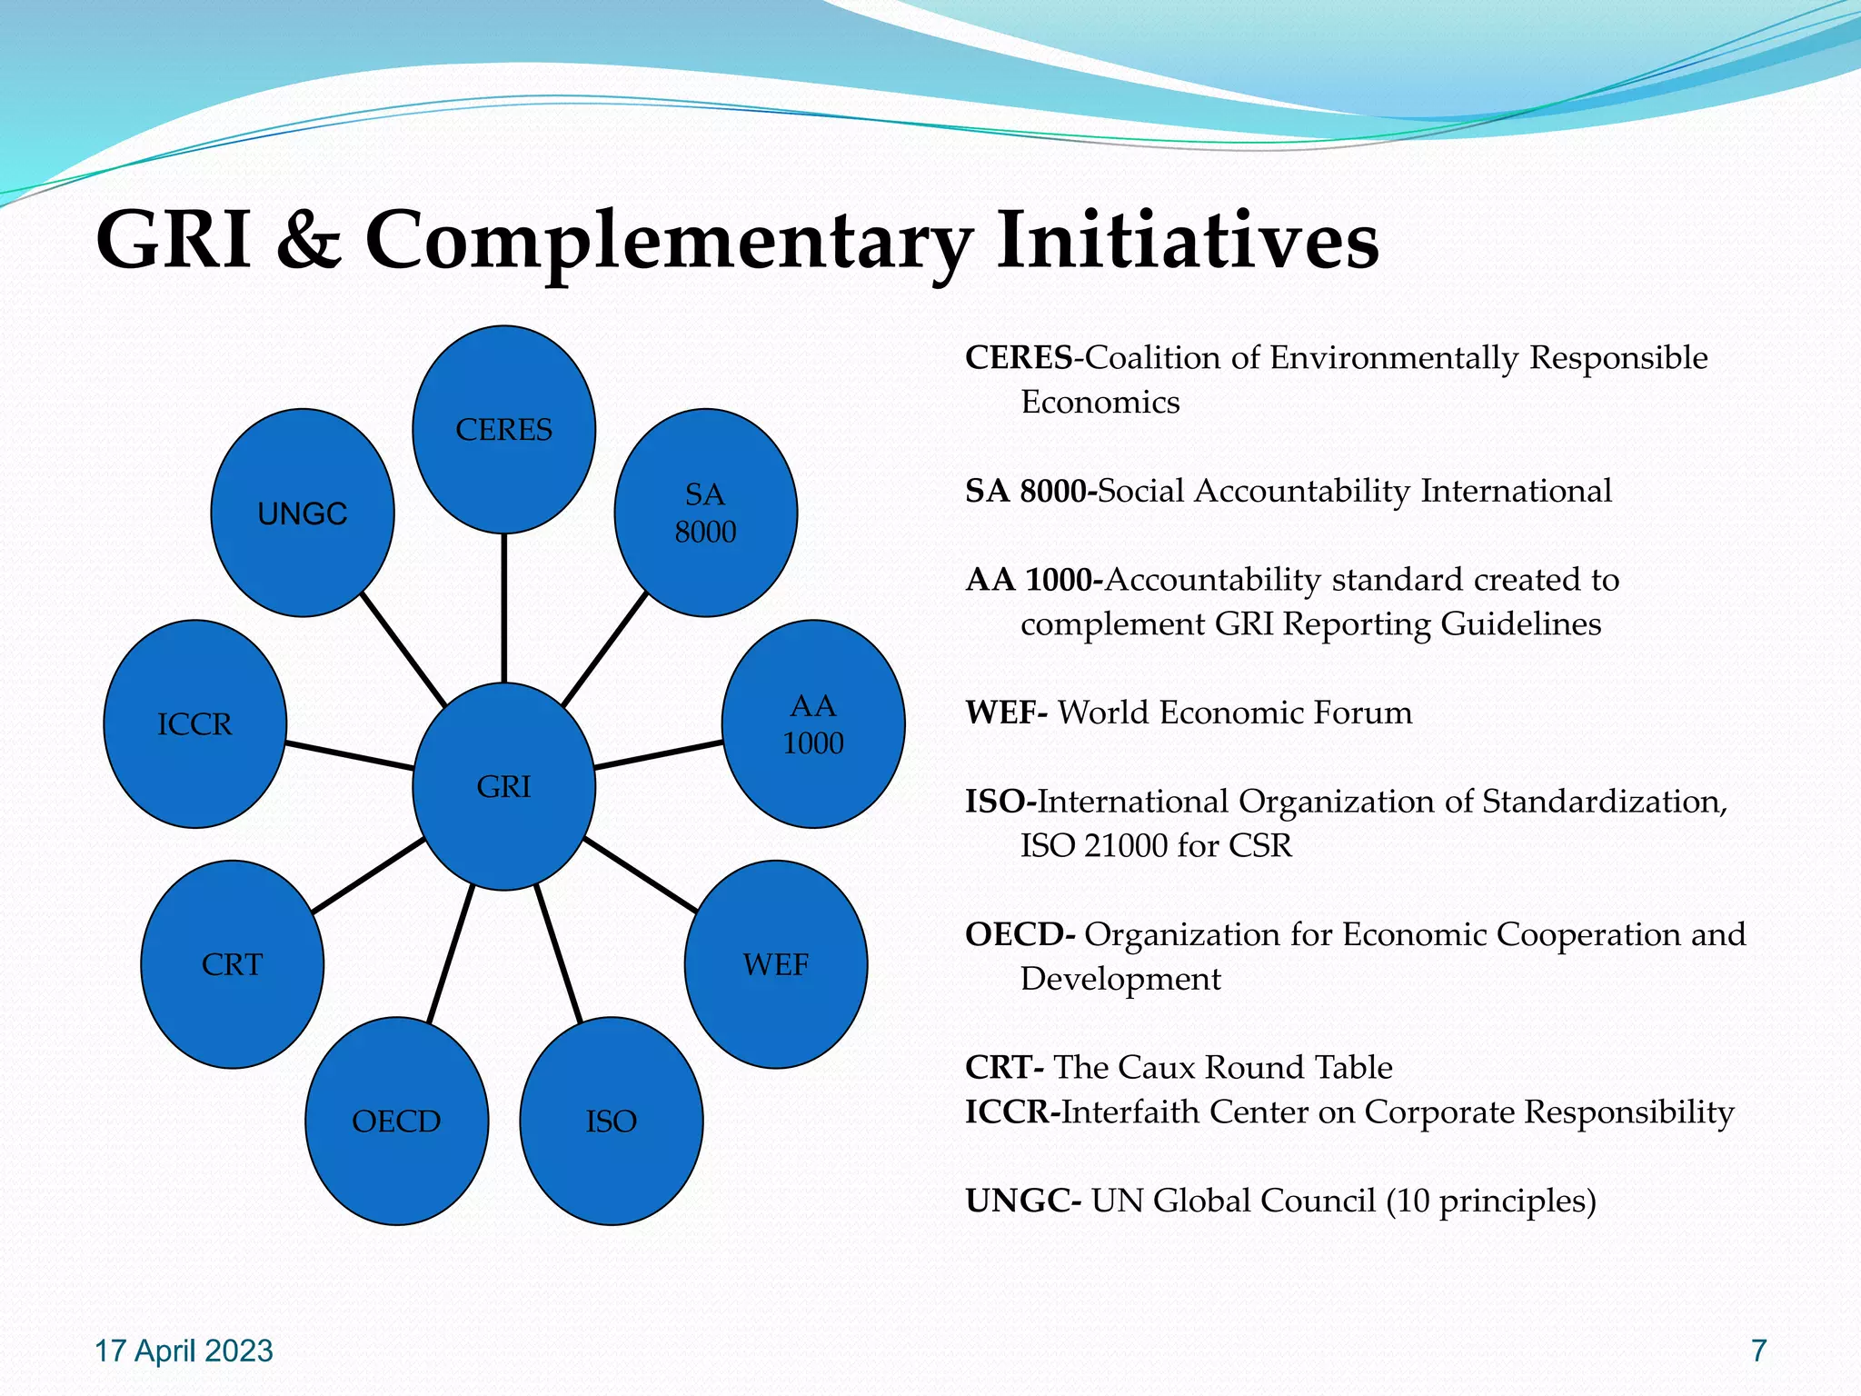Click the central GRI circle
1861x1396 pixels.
coord(503,786)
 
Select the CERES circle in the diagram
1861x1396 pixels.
coord(503,429)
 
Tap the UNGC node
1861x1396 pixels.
coord(303,514)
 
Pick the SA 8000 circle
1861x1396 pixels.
coord(705,514)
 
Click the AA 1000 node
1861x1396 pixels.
coord(812,724)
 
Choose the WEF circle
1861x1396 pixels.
coord(775,964)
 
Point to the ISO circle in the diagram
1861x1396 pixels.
coord(611,1122)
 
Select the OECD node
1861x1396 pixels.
coord(396,1122)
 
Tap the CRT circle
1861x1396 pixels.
coord(232,964)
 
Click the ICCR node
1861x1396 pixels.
coord(194,724)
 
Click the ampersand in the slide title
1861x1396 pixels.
coord(309,241)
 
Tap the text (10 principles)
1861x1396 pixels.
coord(1491,1201)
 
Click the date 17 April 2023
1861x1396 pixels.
coord(184,1351)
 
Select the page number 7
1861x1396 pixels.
coord(1758,1351)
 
